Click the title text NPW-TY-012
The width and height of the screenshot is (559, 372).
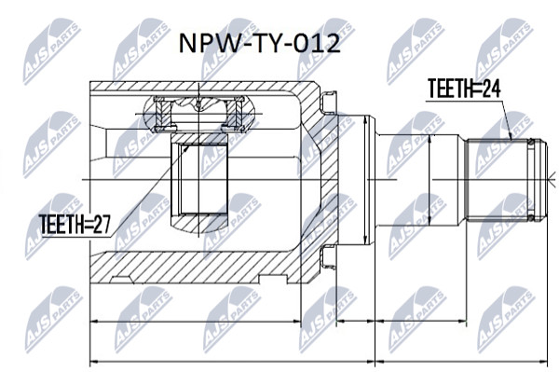point(259,44)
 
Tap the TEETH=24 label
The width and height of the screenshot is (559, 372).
point(464,88)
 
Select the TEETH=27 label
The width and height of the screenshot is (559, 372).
point(75,224)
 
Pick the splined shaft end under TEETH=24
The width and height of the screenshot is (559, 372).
point(507,179)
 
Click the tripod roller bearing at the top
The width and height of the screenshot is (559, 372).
point(199,114)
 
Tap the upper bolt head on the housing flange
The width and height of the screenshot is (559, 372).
point(329,102)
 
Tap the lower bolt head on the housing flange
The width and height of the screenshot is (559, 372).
point(329,256)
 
